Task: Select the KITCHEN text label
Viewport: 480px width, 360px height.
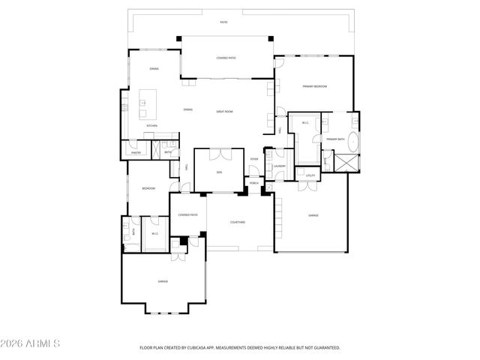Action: (151, 125)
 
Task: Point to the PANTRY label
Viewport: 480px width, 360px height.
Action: (136, 152)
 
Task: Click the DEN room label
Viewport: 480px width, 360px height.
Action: (220, 172)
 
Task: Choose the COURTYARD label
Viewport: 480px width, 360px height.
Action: (238, 223)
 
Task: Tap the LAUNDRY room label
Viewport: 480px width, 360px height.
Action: (280, 166)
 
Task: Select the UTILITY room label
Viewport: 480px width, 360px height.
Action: (310, 175)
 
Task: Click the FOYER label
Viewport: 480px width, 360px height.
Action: (255, 159)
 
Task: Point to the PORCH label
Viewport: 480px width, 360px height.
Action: (254, 182)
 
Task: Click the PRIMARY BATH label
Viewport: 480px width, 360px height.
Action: (334, 139)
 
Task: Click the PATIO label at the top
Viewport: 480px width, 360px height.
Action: (223, 22)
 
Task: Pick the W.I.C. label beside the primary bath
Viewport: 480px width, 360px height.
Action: (305, 123)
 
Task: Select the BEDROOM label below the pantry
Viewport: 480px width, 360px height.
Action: (148, 188)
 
